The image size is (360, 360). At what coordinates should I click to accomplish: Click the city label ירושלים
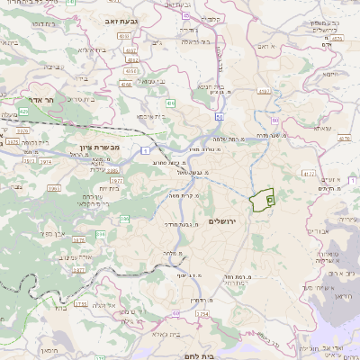point(226,221)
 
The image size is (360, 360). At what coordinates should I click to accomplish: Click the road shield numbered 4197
point(264,91)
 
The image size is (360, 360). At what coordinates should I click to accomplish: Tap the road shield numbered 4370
point(345,139)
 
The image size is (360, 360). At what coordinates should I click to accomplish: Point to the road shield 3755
point(81,304)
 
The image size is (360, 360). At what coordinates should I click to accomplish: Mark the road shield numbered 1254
point(202,315)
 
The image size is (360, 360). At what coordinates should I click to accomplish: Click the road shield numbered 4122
point(309,172)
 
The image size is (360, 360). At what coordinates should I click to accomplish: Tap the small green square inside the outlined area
point(270,200)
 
